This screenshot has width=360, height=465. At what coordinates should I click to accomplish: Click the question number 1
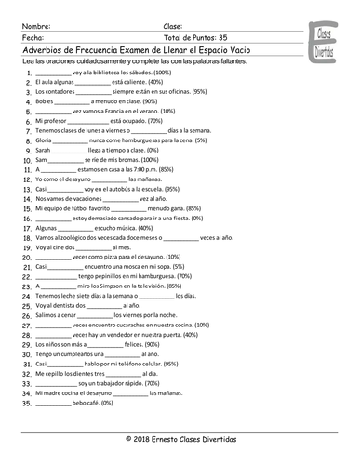click(x=24, y=72)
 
